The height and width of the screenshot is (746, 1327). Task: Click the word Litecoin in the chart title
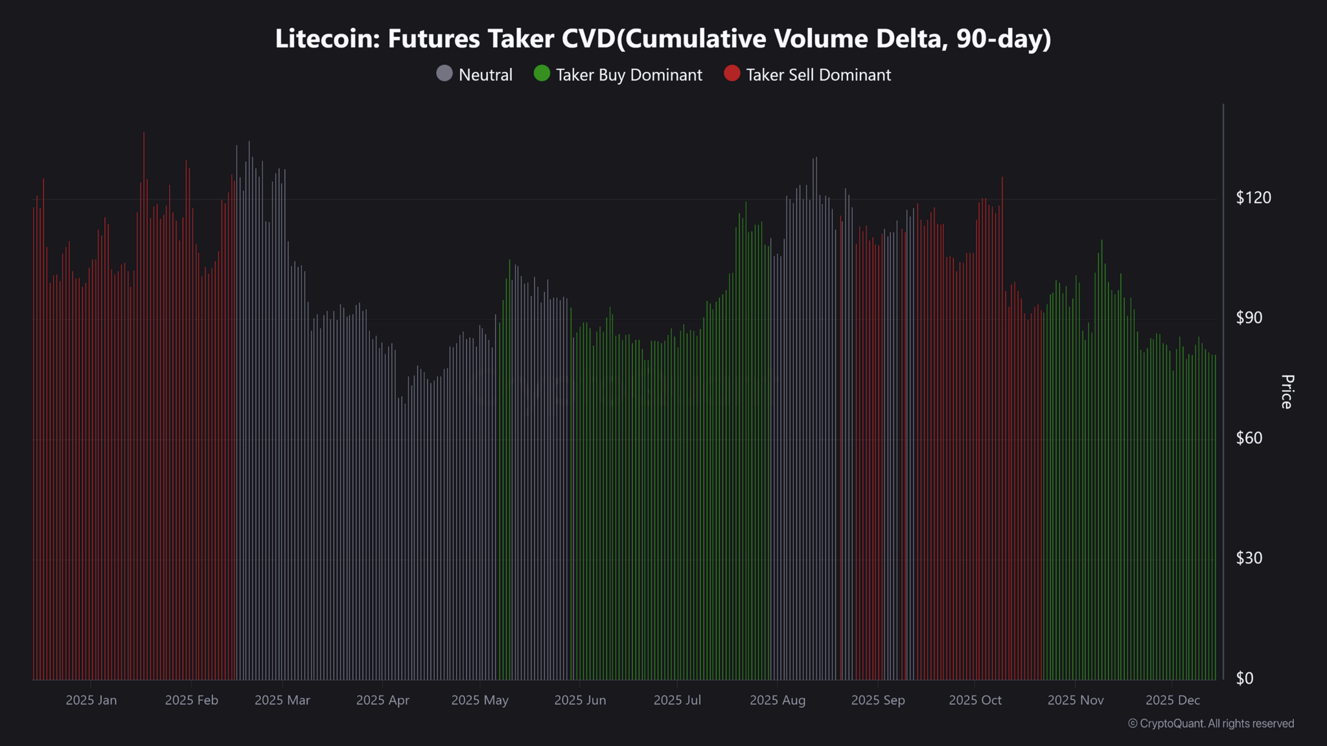pos(327,39)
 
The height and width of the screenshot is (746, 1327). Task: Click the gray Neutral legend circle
pos(444,74)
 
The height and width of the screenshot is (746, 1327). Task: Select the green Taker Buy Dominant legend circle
pos(542,74)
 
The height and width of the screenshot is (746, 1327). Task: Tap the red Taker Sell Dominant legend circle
pos(732,74)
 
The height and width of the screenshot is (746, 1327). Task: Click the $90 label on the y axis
pos(1249,318)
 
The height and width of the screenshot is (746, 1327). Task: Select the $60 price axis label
pos(1249,438)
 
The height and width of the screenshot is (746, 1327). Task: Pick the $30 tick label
pos(1249,558)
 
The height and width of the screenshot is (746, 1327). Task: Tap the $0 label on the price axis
pos(1244,679)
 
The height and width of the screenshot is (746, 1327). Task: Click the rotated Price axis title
pos(1287,392)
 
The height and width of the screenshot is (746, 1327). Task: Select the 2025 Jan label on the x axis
pos(91,700)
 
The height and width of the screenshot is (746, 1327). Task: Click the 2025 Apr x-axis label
pos(382,700)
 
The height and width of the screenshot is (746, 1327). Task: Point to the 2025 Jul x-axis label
pos(677,700)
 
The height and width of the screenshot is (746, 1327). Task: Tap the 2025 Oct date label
pos(975,700)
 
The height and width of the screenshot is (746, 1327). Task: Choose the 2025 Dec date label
pos(1172,700)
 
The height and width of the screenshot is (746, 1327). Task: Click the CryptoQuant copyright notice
pos(1210,723)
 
